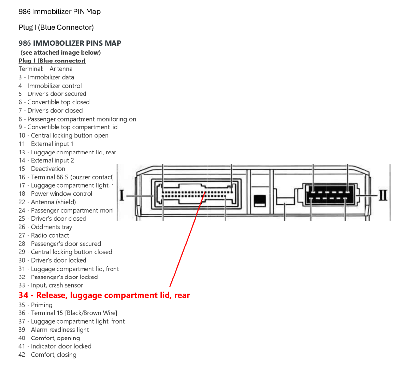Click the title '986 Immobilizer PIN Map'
59,11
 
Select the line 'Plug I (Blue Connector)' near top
56,27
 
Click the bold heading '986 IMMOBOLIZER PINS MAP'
70,43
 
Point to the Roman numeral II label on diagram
383,196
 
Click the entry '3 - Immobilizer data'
46,77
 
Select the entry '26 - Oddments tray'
45,227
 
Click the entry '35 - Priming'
35,305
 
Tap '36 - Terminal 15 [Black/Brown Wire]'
68,313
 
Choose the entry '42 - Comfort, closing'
47,355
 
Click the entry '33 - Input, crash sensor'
51,285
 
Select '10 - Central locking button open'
63,135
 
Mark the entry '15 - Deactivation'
42,169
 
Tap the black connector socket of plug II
329,196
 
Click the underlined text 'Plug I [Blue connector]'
52,61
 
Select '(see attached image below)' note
60,52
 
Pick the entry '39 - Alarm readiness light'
54,330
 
